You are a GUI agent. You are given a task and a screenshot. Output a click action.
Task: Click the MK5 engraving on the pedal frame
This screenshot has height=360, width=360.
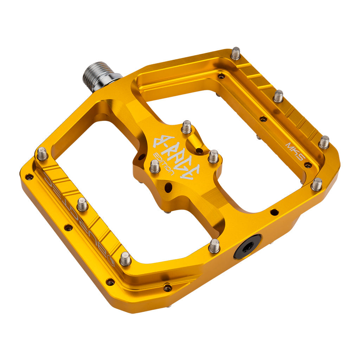[294, 151]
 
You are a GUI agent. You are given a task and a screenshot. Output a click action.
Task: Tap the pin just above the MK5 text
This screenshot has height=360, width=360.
[324, 142]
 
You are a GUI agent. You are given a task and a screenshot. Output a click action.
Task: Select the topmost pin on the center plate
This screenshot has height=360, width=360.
[186, 127]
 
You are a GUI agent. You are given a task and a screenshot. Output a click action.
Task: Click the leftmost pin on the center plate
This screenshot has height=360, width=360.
[155, 166]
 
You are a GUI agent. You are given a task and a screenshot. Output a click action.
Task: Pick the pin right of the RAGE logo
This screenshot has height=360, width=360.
[213, 156]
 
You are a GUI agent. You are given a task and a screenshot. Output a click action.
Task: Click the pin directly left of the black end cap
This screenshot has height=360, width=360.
[214, 246]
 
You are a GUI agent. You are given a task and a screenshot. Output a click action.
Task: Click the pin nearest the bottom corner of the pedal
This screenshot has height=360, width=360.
[125, 259]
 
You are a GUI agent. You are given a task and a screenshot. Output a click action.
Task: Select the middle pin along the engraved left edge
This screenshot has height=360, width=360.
[82, 204]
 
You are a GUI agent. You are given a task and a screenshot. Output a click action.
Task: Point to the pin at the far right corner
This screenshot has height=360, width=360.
[316, 184]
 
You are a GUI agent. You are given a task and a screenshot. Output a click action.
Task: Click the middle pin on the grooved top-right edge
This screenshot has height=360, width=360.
[278, 96]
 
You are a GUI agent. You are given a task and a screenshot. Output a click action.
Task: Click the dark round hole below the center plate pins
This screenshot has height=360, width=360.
[168, 187]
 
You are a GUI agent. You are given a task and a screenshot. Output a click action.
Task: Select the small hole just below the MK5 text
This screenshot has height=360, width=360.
[308, 165]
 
